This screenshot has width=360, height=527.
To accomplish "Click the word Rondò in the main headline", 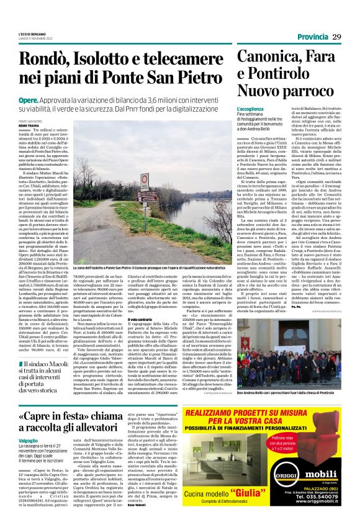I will click(x=44, y=59).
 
